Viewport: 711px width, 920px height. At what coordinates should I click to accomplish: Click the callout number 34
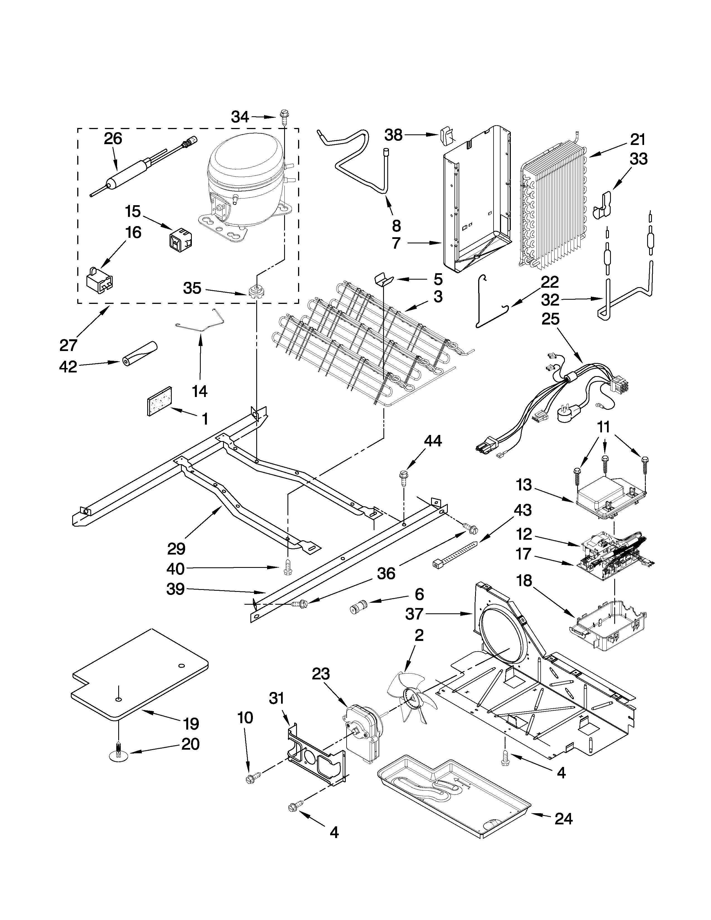[x=240, y=117]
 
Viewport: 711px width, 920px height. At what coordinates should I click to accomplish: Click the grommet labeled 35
[x=254, y=292]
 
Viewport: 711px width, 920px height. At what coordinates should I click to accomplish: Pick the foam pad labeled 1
[x=159, y=401]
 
